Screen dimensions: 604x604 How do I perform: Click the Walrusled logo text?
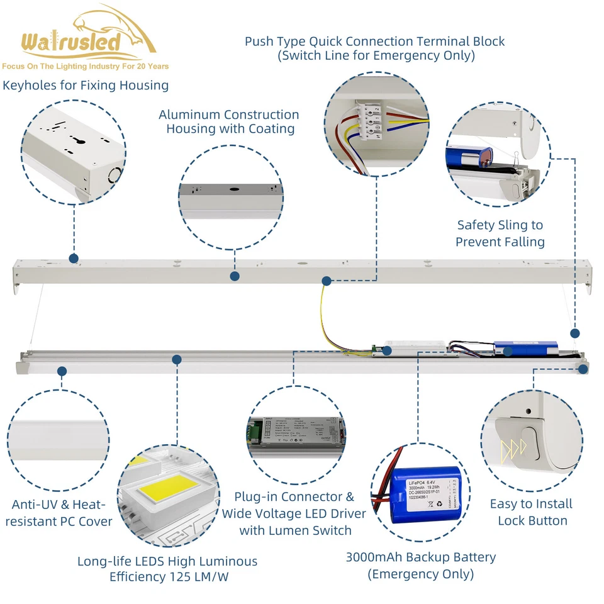(70, 43)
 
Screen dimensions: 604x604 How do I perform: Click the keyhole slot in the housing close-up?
(81, 140)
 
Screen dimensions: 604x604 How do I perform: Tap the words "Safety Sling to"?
(500, 225)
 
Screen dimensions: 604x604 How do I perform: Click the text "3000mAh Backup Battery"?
(420, 557)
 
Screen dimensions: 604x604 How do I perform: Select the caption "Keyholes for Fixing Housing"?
(86, 85)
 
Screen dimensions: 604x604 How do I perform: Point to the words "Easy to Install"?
(531, 503)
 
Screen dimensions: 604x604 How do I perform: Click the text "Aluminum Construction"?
(228, 115)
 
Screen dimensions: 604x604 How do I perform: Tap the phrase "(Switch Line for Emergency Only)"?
(376, 55)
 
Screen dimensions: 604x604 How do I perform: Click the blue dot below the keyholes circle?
(74, 259)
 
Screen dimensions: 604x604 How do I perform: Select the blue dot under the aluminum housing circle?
(235, 276)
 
